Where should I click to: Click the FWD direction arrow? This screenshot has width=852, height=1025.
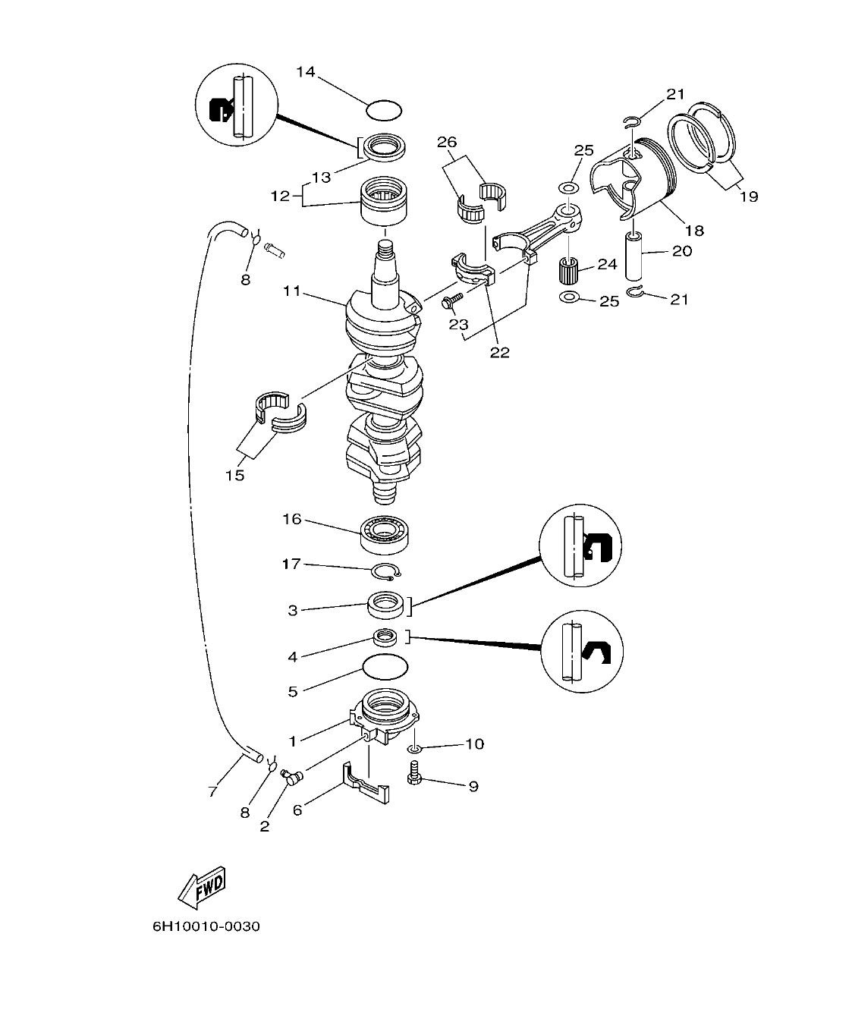[202, 887]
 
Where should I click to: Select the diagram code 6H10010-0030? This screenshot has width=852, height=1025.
[206, 926]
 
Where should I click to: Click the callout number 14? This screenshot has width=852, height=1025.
[305, 72]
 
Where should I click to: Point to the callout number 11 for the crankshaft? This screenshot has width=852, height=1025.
[294, 290]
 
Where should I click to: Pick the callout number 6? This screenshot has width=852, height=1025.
[297, 810]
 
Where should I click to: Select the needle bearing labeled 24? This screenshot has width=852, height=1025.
[569, 269]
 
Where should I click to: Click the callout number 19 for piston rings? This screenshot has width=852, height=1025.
[748, 197]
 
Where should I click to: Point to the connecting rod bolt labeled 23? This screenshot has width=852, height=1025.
[449, 303]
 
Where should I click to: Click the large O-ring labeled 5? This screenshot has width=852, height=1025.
[385, 668]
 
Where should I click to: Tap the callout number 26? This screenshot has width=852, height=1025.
[448, 141]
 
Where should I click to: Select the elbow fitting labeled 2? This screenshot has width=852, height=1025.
[291, 775]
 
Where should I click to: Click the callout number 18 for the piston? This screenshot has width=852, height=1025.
[693, 230]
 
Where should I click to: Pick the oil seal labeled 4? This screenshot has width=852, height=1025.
[386, 637]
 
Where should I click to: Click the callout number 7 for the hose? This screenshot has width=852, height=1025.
[212, 791]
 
